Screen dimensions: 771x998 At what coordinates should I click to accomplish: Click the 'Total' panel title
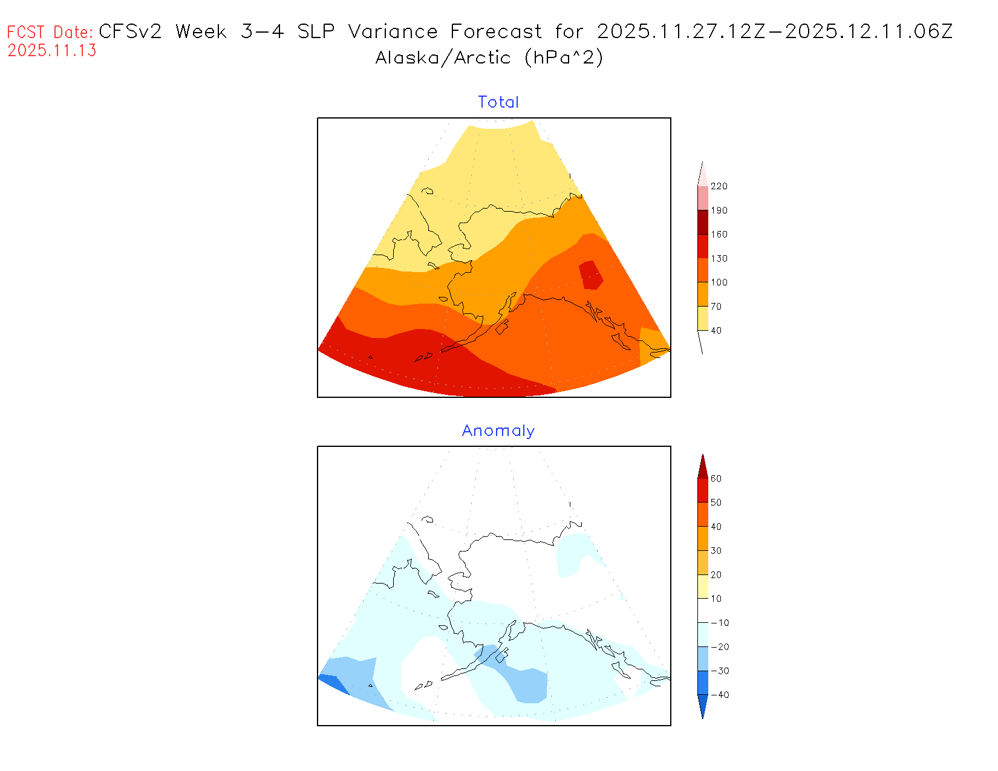pos(498,102)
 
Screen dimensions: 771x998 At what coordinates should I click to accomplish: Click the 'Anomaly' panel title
pos(498,431)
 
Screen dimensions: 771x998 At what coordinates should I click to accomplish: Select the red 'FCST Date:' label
pos(50,32)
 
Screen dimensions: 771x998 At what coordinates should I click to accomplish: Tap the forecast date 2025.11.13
pos(52,51)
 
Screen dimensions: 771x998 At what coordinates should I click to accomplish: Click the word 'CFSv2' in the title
pos(130,31)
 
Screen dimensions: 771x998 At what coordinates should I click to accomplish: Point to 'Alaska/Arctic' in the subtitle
pos(443,57)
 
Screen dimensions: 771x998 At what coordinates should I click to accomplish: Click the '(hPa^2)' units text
pos(564,57)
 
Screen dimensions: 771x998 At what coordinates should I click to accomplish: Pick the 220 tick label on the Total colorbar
pos(719,186)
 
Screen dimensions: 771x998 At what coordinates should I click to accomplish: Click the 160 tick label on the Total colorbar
pos(719,235)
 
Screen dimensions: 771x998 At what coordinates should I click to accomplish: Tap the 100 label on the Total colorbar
pos(719,282)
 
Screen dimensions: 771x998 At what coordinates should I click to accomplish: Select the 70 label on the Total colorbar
pos(716,307)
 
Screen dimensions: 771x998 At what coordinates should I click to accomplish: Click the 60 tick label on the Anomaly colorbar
pos(716,478)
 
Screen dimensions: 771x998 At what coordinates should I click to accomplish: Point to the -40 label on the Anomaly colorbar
pos(720,695)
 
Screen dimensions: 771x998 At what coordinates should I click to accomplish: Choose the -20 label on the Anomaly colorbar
pos(720,647)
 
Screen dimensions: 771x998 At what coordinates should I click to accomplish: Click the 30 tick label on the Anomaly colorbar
pos(716,551)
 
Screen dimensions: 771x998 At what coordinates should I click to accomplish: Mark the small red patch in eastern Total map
pos(590,275)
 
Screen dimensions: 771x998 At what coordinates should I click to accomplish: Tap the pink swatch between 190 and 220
pos(703,198)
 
